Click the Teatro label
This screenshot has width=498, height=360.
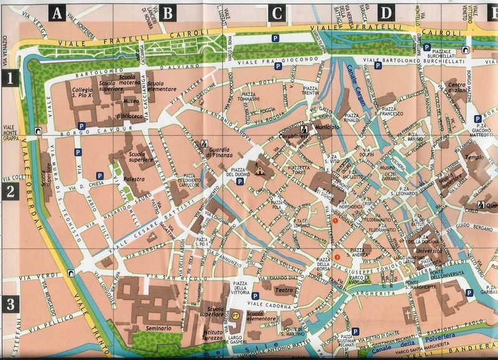[x=284, y=290]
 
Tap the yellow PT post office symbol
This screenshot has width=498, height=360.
[x=236, y=316]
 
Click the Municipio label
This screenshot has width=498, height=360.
[x=327, y=127]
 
